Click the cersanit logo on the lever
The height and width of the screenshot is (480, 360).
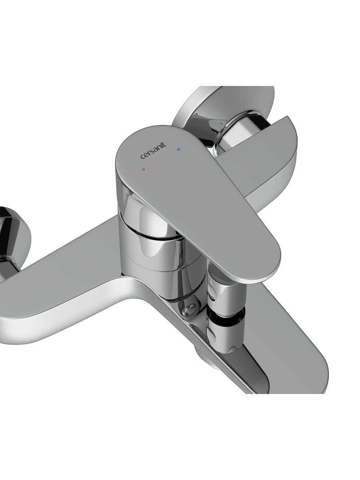[153, 151]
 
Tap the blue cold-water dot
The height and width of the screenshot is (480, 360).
[179, 150]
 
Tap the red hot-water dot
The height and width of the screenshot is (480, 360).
[143, 170]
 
